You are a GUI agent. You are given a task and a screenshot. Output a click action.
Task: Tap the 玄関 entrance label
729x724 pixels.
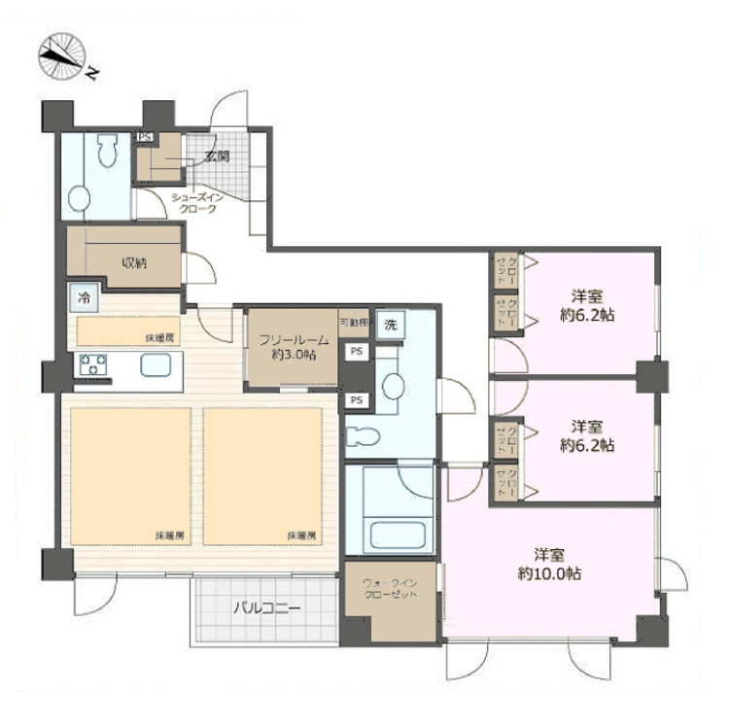coord(216,156)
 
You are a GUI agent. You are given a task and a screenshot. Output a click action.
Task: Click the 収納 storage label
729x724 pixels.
coord(134,261)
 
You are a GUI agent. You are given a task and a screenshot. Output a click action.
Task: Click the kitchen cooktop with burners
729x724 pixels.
coord(94,366)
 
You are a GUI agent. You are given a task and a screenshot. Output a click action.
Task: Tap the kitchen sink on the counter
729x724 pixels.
coord(156,365)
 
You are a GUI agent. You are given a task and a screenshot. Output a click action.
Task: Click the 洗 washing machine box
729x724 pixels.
coord(390,323)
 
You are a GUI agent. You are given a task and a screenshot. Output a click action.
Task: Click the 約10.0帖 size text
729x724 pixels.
coord(550,574)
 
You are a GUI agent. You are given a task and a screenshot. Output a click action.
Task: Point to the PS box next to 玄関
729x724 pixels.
coord(145,138)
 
